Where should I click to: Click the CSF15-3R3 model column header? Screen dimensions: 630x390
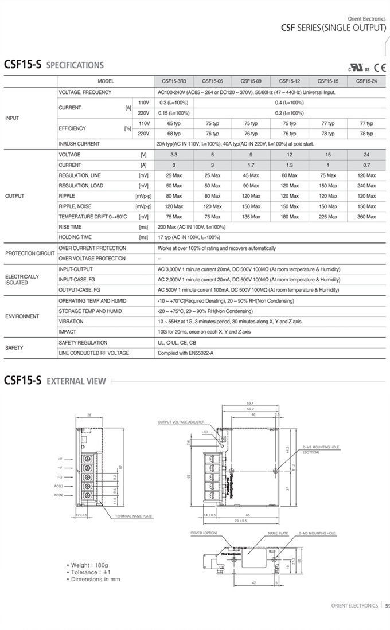point(174,81)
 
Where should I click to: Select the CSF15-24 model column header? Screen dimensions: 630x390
point(366,81)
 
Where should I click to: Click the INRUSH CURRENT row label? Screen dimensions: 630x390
point(79,144)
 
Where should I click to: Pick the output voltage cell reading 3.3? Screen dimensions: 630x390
point(174,155)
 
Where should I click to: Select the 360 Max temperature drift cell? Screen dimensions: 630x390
point(366,217)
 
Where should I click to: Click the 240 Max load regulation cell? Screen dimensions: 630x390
point(366,186)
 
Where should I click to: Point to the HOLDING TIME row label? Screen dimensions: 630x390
point(75,237)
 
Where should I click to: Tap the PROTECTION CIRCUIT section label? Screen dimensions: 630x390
point(30,253)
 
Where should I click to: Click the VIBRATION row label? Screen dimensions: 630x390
point(71,322)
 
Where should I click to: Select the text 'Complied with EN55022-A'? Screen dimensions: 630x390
point(185,353)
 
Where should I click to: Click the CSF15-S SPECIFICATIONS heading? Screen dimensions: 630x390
point(54,65)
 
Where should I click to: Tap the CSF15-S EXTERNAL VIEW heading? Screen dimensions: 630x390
point(55,381)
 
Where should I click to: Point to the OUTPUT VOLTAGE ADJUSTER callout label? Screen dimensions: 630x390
point(177,422)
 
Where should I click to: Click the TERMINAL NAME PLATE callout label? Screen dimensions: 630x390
point(134,516)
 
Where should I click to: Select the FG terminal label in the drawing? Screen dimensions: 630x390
point(60,476)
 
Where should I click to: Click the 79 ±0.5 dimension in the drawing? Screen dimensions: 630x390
point(240,521)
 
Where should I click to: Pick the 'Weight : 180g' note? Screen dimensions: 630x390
point(91,566)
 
